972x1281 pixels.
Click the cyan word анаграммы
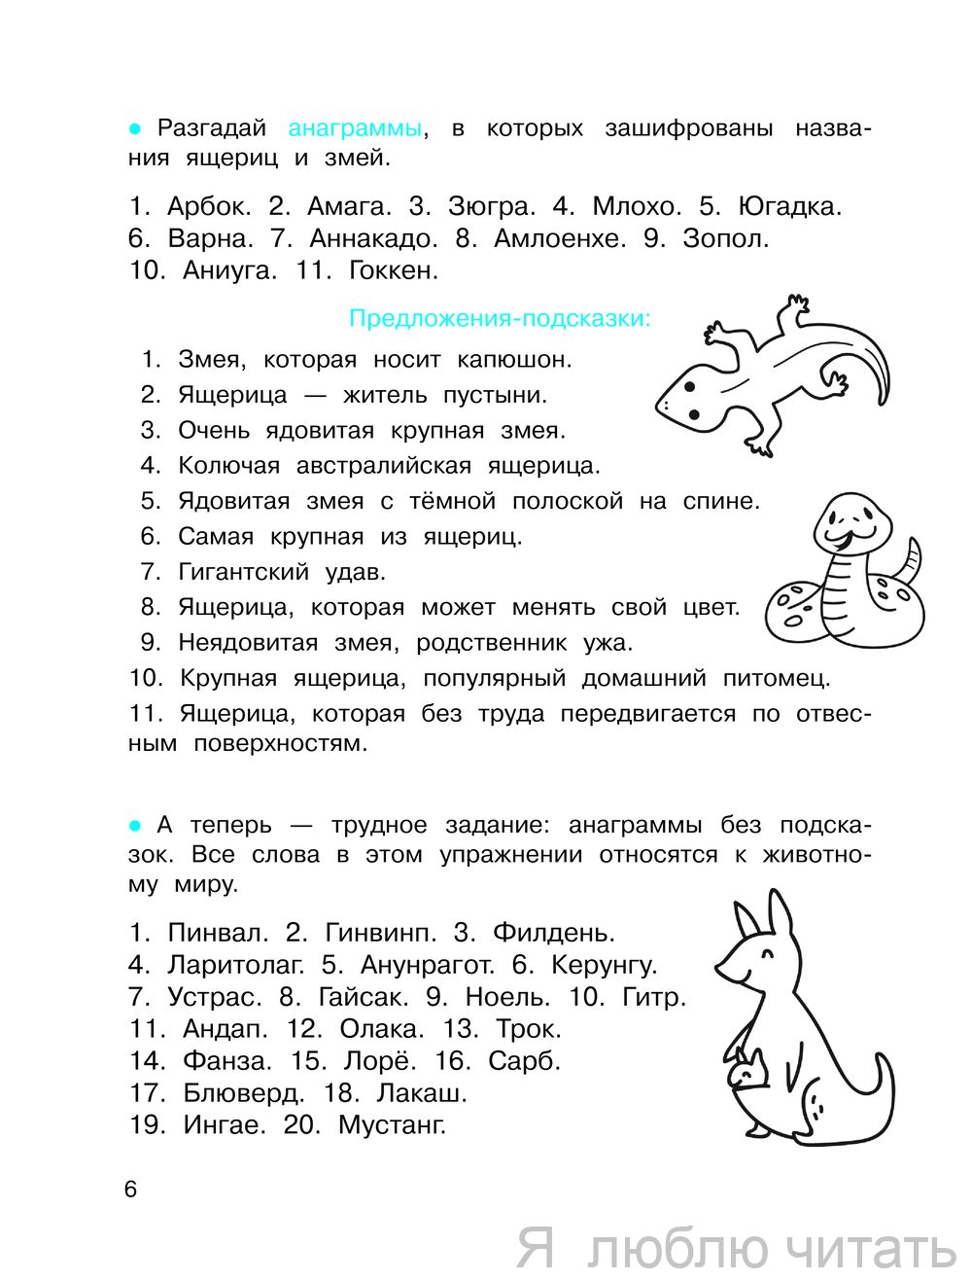355,128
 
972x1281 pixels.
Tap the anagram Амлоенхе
560,238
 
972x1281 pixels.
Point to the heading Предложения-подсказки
500,319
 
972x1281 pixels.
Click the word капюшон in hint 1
514,360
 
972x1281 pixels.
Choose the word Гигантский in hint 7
243,572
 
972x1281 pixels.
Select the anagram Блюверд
243,1093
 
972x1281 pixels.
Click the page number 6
131,1190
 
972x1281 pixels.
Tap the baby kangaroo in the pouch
748,1071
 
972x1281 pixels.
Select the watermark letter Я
536,1248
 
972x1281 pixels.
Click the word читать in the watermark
870,1249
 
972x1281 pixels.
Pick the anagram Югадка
788,207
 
